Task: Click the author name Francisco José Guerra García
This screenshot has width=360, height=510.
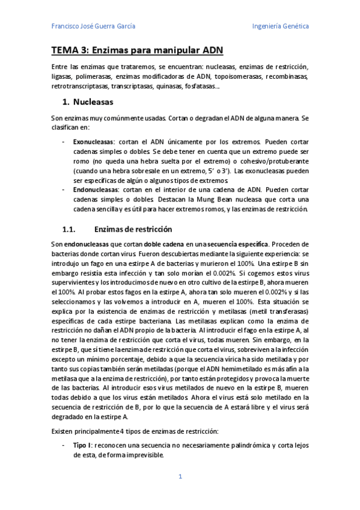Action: pos(93,26)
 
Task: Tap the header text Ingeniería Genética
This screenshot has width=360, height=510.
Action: pos(281,26)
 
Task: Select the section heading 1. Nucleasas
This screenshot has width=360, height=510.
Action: pos(88,102)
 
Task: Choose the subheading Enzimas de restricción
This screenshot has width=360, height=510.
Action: pos(133,229)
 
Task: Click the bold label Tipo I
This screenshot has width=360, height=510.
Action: pos(82,444)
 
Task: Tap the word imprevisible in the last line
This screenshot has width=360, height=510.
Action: pos(142,455)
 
